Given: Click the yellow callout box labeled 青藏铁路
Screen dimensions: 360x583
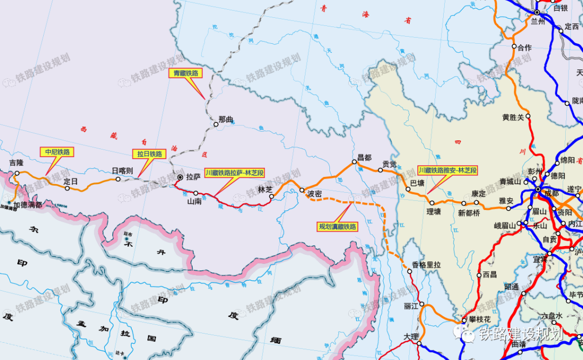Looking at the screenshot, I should point(185,73).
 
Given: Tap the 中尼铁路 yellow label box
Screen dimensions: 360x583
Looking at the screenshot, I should point(57,152).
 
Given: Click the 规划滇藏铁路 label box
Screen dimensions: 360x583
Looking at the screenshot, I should point(338,227).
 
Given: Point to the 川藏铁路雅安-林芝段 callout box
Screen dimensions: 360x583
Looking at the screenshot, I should point(448,170).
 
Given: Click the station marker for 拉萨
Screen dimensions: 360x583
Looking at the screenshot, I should point(180,177).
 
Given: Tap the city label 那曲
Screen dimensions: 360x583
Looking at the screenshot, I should point(226,119).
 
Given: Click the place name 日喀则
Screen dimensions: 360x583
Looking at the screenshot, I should point(122,171).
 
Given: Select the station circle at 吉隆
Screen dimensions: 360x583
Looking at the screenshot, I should point(17,173).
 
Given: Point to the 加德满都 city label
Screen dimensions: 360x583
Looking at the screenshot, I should point(28,205).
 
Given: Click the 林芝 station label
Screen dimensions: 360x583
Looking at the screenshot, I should point(265,189).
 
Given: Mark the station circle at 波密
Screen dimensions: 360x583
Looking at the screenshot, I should point(302,189).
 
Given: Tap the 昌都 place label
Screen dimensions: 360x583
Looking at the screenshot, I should point(364,158).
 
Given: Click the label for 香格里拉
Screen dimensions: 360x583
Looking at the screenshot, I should point(426,264).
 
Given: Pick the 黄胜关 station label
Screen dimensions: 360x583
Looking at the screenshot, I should point(513,117).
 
